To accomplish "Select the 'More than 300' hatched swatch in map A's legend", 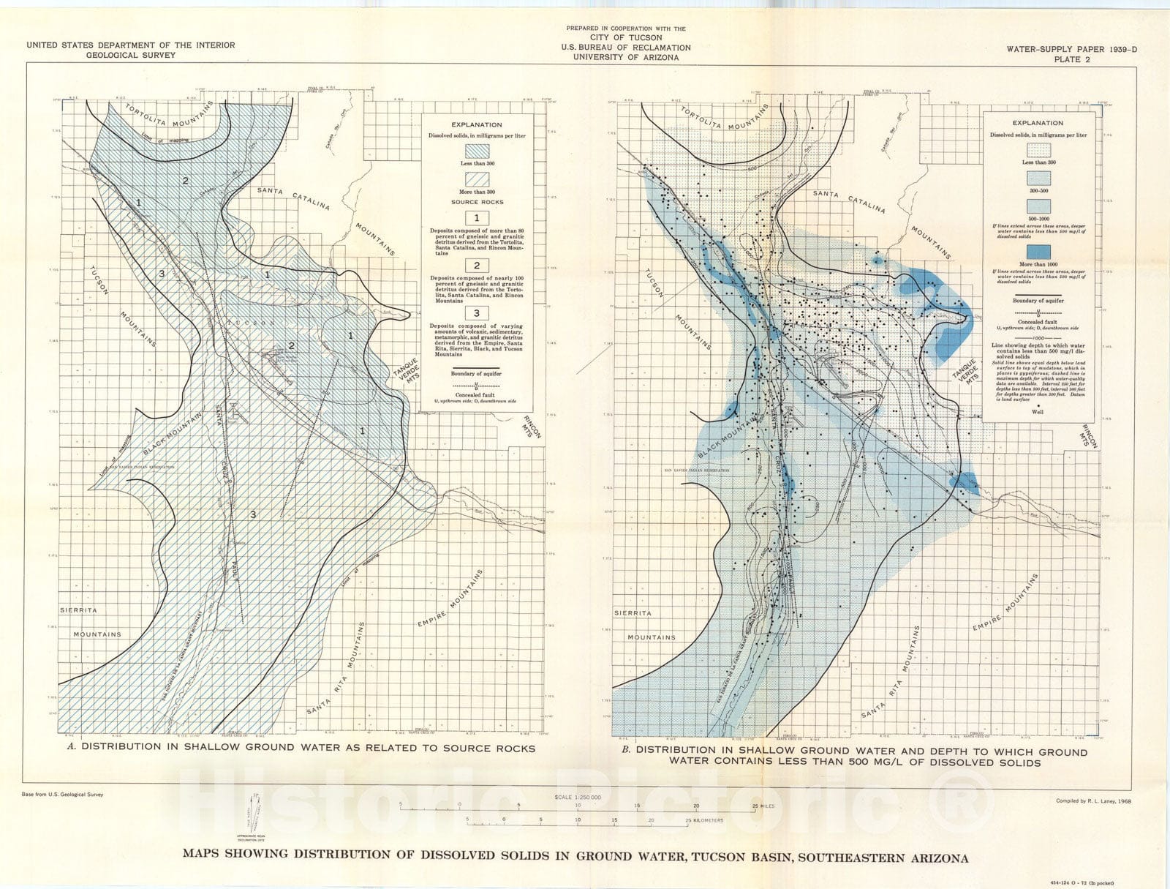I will [x=476, y=178].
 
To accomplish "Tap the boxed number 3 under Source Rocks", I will [x=477, y=314].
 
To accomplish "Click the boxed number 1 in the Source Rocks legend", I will [x=477, y=218].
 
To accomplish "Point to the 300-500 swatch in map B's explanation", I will [x=1038, y=178].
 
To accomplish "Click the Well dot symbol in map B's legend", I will [x=1038, y=404].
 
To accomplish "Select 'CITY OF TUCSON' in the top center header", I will [x=626, y=38].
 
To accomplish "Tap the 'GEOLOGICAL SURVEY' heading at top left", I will [x=130, y=55].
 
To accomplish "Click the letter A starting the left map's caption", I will [x=71, y=748].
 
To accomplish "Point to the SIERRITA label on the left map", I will [x=79, y=609].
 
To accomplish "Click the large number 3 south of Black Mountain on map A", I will [x=253, y=514].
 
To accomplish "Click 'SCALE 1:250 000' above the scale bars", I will [x=578, y=797].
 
